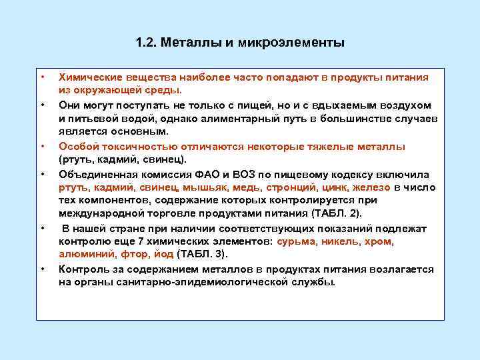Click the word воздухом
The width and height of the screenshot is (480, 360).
point(399,105)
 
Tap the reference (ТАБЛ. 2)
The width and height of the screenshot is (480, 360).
point(337,214)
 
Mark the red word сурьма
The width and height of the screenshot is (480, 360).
point(297,241)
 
